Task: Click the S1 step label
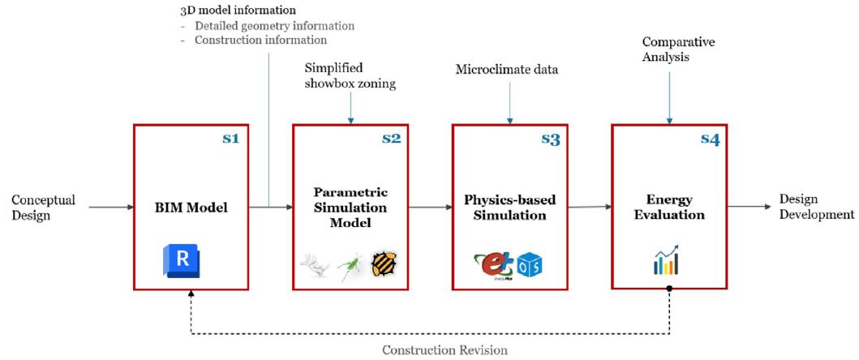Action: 231,139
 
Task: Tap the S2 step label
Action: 391,139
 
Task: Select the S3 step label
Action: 551,139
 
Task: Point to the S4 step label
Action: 711,139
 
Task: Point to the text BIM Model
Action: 192,208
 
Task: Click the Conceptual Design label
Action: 44,207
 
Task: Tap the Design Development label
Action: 816,207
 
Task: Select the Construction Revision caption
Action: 445,350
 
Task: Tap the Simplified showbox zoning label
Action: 350,75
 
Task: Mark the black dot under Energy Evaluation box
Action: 670,289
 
